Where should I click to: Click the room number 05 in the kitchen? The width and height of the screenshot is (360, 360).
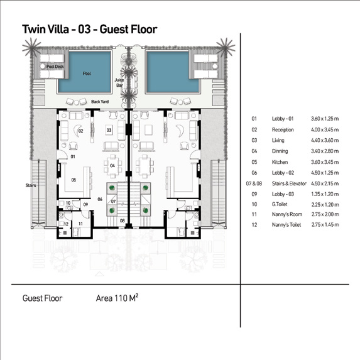pyautogui.click(x=74, y=180)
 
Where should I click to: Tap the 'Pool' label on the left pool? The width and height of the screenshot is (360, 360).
pyautogui.click(x=87, y=74)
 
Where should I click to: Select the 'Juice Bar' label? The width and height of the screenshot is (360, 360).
pyautogui.click(x=119, y=83)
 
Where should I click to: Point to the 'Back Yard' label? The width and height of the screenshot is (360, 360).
pyautogui.click(x=100, y=102)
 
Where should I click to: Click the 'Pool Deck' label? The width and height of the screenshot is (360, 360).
pyautogui.click(x=55, y=67)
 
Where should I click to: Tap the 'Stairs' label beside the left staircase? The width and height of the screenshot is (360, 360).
pyautogui.click(x=31, y=185)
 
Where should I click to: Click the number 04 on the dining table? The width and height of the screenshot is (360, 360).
pyautogui.click(x=112, y=165)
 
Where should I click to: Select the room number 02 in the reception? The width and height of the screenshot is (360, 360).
pyautogui.click(x=81, y=131)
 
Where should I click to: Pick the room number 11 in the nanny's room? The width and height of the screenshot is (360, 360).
pyautogui.click(x=80, y=224)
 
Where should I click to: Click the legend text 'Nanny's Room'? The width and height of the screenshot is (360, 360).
pyautogui.click(x=287, y=214)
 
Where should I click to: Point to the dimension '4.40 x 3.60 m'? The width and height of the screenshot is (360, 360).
pyautogui.click(x=325, y=140)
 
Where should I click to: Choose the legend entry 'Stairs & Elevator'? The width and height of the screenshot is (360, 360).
pyautogui.click(x=289, y=183)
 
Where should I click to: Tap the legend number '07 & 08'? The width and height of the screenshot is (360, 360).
pyautogui.click(x=254, y=183)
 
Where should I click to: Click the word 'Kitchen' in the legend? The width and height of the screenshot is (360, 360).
pyautogui.click(x=280, y=162)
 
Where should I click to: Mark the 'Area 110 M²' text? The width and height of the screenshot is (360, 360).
pyautogui.click(x=117, y=298)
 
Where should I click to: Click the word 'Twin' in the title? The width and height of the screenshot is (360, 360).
pyautogui.click(x=33, y=30)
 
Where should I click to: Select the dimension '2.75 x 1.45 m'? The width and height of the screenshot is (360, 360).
pyautogui.click(x=325, y=225)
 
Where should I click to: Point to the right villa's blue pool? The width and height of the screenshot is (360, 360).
pyautogui.click(x=173, y=72)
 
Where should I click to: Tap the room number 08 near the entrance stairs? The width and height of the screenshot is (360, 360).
pyautogui.click(x=123, y=221)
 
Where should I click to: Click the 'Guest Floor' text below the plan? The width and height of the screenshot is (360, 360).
pyautogui.click(x=42, y=298)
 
